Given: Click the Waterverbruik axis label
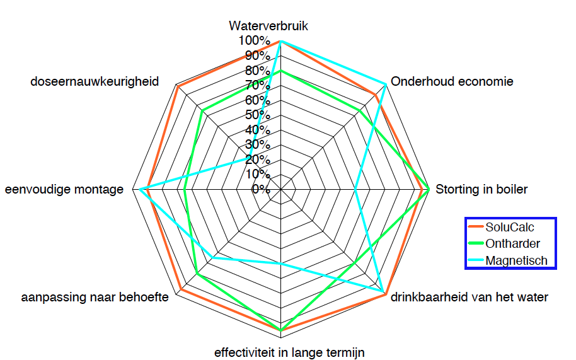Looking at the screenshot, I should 268,26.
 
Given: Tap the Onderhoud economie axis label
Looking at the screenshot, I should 452,81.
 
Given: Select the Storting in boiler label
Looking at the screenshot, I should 481,189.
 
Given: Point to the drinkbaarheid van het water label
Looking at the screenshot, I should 469,297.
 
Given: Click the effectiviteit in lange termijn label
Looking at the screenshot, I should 289,352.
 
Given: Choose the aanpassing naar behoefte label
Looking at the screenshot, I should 95,297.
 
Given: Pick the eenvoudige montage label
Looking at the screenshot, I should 64,189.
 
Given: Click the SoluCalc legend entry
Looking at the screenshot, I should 509,228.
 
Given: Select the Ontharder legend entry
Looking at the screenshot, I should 512,244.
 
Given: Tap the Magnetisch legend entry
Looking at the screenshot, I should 516,260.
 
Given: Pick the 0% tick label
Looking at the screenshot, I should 260,189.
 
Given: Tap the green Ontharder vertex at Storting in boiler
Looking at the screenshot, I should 429,189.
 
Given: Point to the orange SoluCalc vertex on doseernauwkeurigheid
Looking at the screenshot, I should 179,86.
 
